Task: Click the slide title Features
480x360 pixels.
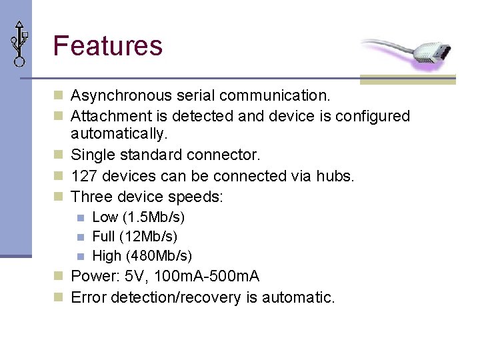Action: (107, 46)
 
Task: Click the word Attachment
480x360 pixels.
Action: (109, 116)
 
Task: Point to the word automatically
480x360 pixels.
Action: (119, 134)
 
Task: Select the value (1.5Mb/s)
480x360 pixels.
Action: (154, 217)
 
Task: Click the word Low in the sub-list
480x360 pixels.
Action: (105, 217)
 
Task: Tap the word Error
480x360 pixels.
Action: (89, 297)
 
